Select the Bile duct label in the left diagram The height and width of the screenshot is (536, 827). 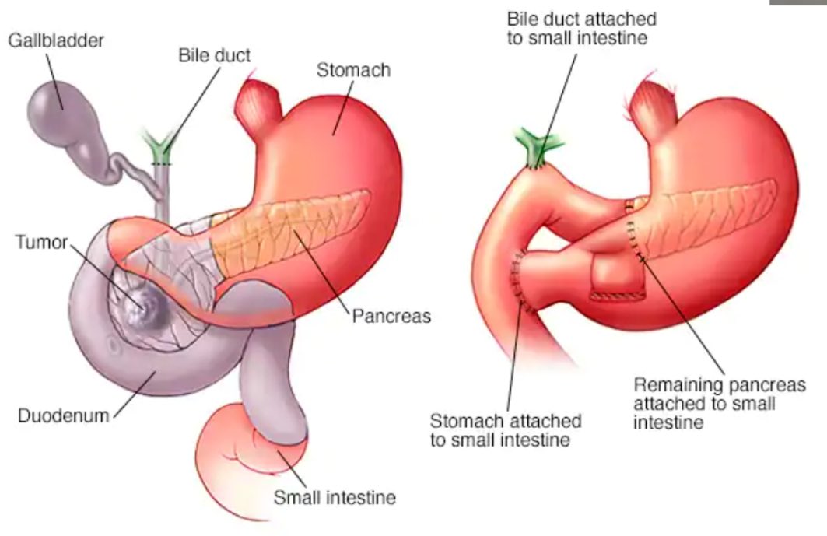pyautogui.click(x=215, y=57)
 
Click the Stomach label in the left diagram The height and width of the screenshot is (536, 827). pyautogui.click(x=353, y=70)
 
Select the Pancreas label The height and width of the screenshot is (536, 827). pyautogui.click(x=391, y=317)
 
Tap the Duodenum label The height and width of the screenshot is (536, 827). pyautogui.click(x=63, y=415)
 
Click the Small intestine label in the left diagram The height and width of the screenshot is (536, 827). pyautogui.click(x=334, y=497)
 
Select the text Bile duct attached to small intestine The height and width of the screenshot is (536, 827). pyautogui.click(x=581, y=28)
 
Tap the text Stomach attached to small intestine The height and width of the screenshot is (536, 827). pyautogui.click(x=505, y=429)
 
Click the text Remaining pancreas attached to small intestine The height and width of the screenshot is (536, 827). pyautogui.click(x=704, y=403)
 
